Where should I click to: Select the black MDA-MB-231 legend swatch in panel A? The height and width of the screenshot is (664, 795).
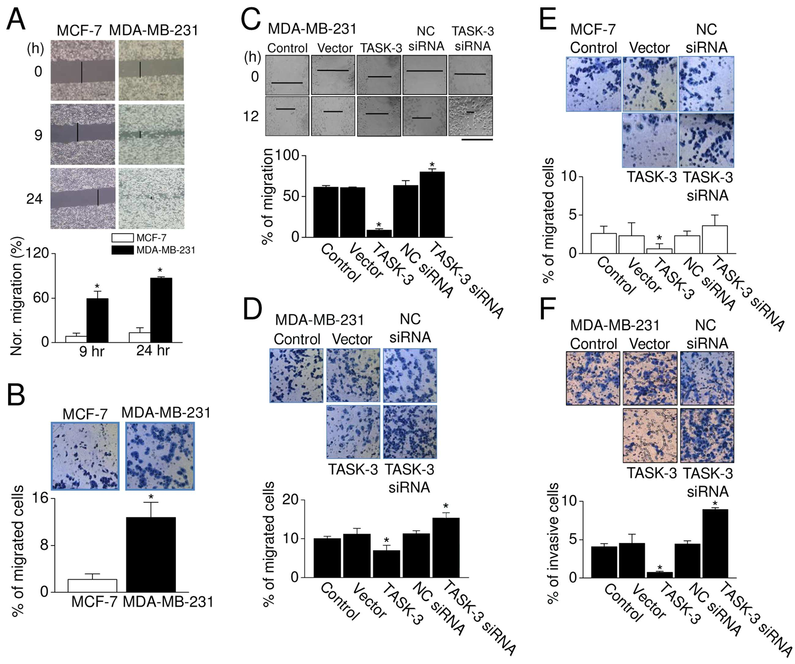click(x=123, y=250)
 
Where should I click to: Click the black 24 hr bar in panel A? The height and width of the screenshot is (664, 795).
click(x=161, y=310)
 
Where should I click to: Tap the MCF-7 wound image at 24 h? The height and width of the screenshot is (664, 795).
click(x=83, y=198)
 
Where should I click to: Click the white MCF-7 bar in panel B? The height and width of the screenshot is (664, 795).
click(x=92, y=586)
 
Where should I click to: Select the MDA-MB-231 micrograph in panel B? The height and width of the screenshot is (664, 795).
click(x=160, y=456)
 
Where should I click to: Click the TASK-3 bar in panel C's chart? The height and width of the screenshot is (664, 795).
click(x=379, y=233)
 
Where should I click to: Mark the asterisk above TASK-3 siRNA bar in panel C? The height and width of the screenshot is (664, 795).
click(x=432, y=165)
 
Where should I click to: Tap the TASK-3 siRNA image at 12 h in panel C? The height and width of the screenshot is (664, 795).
click(x=471, y=116)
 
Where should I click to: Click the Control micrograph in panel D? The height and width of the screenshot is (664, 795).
click(x=297, y=375)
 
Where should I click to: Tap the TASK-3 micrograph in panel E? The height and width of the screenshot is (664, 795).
click(x=650, y=140)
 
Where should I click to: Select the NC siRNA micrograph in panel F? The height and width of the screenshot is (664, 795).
click(x=707, y=378)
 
